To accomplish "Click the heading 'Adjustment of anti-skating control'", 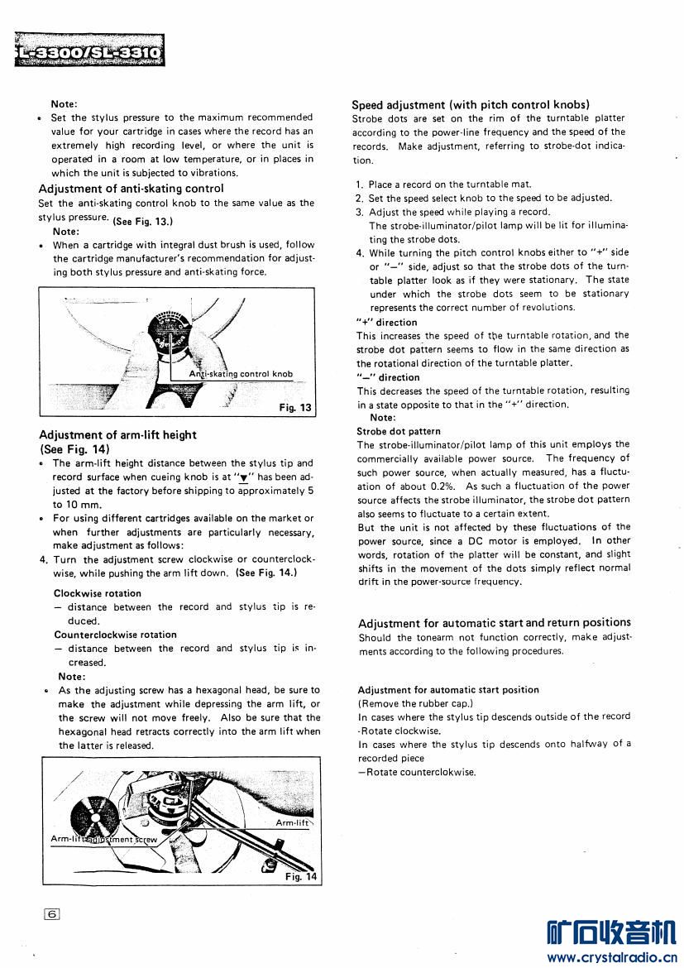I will click(x=131, y=189).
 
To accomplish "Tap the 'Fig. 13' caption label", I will click(x=295, y=407).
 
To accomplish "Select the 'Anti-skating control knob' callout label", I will click(x=241, y=374).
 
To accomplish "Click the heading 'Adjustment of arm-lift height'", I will click(x=117, y=435).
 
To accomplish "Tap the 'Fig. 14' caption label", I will click(x=300, y=876).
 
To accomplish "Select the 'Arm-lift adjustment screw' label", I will click(x=104, y=839).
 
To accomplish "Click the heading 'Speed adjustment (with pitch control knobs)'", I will click(x=470, y=105).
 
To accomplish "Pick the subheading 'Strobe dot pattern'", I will click(x=399, y=431).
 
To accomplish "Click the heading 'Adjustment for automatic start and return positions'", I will click(x=494, y=623).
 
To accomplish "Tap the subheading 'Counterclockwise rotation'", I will click(x=115, y=635).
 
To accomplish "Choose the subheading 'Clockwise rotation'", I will click(x=98, y=593).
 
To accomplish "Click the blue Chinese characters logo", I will click(x=611, y=932).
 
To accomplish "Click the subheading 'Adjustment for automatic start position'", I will click(x=448, y=689).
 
